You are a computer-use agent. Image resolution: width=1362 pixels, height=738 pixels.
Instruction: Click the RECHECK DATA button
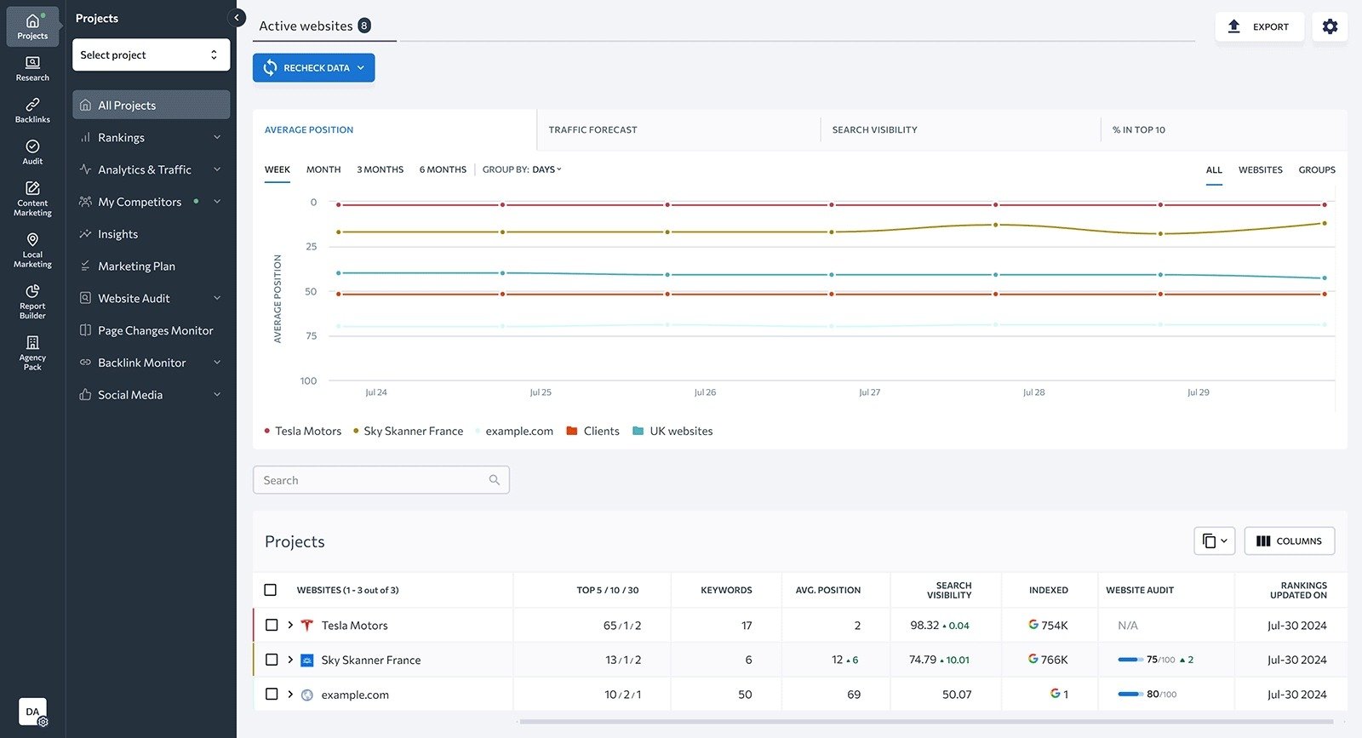(313, 68)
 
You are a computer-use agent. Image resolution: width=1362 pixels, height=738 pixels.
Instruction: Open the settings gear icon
(1330, 26)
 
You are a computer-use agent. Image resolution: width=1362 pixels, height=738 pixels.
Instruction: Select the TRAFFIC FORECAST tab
(592, 130)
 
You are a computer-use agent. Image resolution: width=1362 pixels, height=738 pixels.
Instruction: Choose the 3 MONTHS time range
(380, 169)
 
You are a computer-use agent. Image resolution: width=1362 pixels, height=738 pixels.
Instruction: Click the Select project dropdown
(151, 54)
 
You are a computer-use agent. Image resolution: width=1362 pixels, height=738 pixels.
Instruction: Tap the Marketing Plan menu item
(136, 266)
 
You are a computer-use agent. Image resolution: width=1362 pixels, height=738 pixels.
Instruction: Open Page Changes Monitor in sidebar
(155, 330)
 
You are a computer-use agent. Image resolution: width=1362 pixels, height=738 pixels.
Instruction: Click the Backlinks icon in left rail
(32, 110)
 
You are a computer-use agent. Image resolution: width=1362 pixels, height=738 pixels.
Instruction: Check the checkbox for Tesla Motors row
(272, 625)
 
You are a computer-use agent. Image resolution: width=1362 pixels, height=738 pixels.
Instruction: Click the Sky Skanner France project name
(370, 660)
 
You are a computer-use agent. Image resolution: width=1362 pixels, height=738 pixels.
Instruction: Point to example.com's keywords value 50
(745, 695)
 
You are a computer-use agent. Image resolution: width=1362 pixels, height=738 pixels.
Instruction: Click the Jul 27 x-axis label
(869, 392)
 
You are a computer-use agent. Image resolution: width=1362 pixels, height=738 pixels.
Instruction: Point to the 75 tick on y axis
(312, 336)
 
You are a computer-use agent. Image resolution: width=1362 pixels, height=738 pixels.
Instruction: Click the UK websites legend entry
(680, 432)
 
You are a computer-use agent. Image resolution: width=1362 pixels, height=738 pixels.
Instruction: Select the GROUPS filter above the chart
(1316, 170)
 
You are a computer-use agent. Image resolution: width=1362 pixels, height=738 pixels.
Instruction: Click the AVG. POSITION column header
(827, 590)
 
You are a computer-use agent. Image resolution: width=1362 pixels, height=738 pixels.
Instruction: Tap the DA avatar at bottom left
(32, 712)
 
